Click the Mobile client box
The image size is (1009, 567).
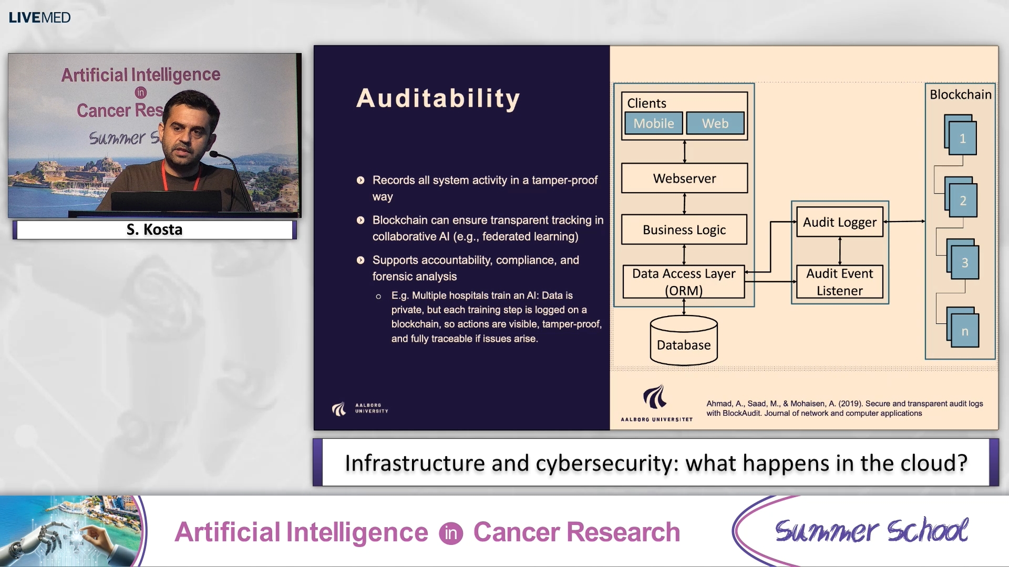click(x=653, y=123)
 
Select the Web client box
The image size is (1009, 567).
click(x=715, y=123)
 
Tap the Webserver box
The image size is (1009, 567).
click(x=684, y=178)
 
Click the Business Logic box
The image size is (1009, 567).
click(x=684, y=229)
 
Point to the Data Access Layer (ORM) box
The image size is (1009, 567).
click(x=684, y=282)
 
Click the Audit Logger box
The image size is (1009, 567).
click(x=839, y=222)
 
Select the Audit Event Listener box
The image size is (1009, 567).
click(x=839, y=282)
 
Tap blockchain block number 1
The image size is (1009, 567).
click(x=962, y=138)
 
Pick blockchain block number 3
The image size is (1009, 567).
click(x=964, y=262)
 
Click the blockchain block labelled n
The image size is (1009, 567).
click(x=964, y=331)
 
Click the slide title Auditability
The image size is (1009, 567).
click(x=438, y=98)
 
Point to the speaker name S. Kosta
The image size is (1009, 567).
click(x=155, y=229)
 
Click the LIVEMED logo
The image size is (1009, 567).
click(x=39, y=17)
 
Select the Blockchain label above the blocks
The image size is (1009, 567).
click(x=960, y=94)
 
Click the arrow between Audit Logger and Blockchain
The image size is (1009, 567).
click(x=904, y=222)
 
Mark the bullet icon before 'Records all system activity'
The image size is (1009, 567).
click(x=361, y=180)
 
